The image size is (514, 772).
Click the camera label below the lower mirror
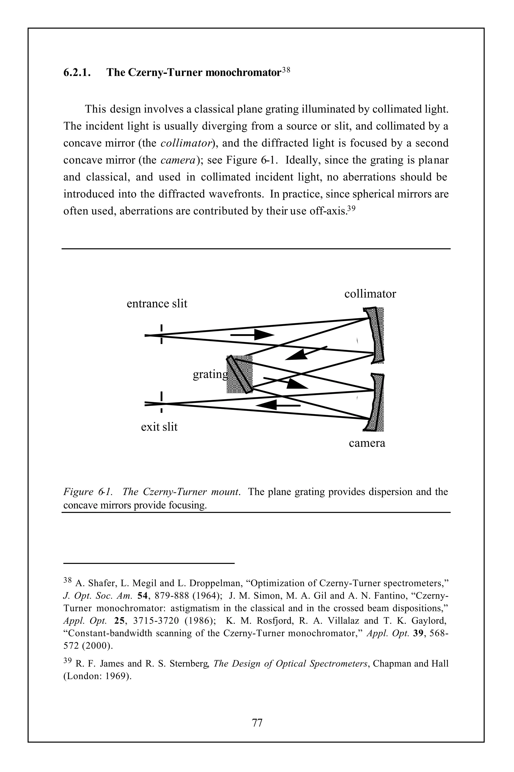click(367, 443)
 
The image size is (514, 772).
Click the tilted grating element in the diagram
click(240, 374)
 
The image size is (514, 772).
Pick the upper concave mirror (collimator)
click(377, 335)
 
